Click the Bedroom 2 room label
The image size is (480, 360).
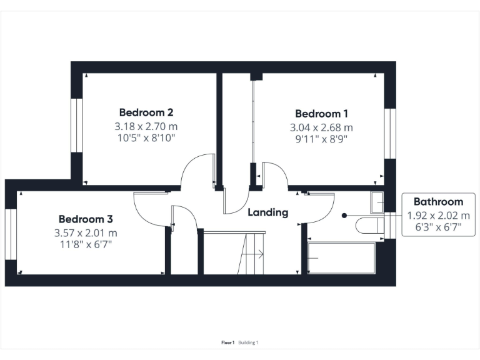pos(146,112)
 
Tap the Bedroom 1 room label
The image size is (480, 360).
pos(322,114)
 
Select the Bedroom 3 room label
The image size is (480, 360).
pos(86,219)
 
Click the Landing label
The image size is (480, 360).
pos(268,212)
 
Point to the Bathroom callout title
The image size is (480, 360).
pos(438,202)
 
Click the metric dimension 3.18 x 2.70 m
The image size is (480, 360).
pos(146,126)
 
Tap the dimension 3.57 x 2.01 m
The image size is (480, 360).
pos(86,232)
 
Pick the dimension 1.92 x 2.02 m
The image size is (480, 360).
pos(438,215)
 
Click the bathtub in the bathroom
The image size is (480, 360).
pos(341,257)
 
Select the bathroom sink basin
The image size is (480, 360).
pos(377,202)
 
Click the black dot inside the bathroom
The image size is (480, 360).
pos(344,216)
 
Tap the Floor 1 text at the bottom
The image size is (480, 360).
pos(227,342)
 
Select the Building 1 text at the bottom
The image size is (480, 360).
pos(248,342)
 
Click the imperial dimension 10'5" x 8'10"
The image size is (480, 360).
pos(146,138)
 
